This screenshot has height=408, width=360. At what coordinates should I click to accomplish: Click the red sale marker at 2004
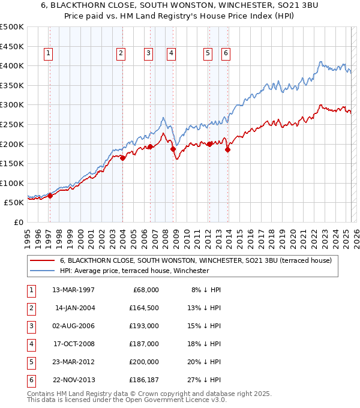122,158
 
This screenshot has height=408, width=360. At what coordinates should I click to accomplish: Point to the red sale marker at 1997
50,195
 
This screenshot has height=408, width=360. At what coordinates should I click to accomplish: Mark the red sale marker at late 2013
227,149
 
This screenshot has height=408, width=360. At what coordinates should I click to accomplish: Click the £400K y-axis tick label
12,65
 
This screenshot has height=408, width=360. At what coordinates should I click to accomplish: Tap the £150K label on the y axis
12,163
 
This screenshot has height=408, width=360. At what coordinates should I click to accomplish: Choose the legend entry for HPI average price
134,271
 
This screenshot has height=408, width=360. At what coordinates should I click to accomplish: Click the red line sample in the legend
42,260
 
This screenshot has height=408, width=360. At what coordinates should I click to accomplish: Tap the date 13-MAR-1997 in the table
73,290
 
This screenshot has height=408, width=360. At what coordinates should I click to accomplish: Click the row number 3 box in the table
31,326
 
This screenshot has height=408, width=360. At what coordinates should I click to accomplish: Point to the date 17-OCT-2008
73,344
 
